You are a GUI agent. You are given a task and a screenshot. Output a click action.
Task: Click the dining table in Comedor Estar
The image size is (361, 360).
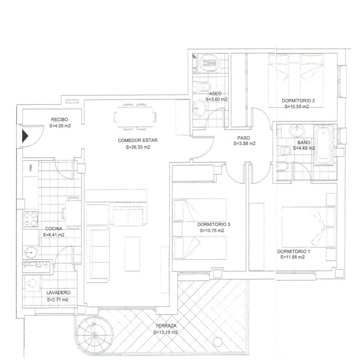136,117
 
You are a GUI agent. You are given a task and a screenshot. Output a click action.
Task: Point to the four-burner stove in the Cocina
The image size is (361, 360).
31,219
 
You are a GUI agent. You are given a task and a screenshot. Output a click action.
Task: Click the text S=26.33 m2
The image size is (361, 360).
138,147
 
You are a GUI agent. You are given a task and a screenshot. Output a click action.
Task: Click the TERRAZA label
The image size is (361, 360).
165,326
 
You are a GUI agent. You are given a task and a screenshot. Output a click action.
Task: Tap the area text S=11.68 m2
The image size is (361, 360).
293,257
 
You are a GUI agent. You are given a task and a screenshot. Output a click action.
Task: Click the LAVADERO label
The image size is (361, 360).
58,293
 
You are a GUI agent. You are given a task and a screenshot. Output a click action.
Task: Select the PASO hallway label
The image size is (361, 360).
243,138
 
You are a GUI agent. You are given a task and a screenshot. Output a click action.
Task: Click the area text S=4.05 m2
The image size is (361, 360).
60,126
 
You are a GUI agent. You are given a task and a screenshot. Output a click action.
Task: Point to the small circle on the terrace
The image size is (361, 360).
216,341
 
